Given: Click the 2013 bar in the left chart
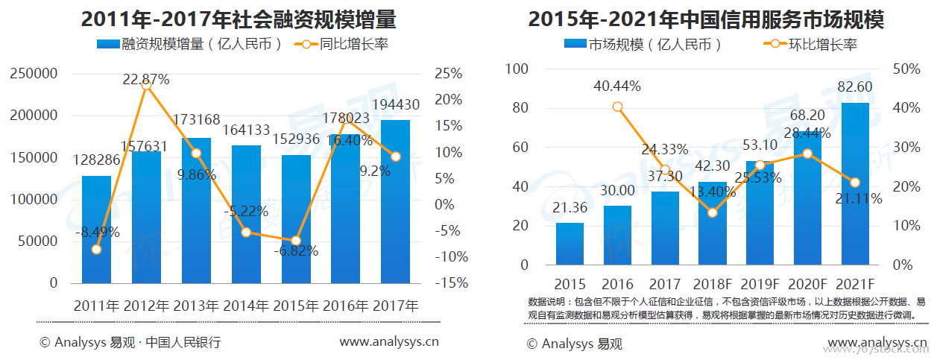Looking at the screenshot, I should pos(196,216).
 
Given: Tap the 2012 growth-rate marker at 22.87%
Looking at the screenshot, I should pos(146,85).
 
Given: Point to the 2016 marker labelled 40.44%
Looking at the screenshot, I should pos(617,107).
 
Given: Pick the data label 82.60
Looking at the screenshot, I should pos(855,87).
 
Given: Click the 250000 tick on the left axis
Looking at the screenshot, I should pos(34,74).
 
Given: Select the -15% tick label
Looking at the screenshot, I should pos(453,283).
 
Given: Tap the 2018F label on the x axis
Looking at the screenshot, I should pos(712,285).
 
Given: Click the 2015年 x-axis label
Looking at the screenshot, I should pos(295,306).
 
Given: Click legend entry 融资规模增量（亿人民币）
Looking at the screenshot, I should pos(190,44).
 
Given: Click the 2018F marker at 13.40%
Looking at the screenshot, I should pos(712,212).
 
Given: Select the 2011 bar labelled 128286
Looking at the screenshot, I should pos(96,231).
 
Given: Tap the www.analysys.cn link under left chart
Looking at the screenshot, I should pos(388,343).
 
